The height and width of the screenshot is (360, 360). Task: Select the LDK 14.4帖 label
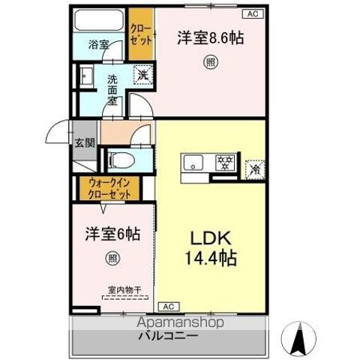click(x=209, y=250)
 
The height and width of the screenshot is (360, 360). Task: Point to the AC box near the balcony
click(x=169, y=306)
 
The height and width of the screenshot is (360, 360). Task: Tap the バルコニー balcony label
click(x=169, y=335)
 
